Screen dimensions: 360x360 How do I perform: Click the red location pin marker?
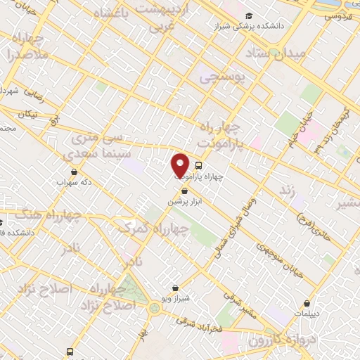coord(180,166)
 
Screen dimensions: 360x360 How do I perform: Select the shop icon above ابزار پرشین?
coord(185,191)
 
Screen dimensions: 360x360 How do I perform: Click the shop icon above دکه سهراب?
coord(74,171)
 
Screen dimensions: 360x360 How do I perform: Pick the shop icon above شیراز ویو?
coord(175,288)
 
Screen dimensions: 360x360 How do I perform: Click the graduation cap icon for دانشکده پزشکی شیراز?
coord(248,15)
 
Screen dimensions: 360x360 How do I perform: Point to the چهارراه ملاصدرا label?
coord(28,46)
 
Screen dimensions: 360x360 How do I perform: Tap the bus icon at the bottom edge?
coord(70,352)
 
